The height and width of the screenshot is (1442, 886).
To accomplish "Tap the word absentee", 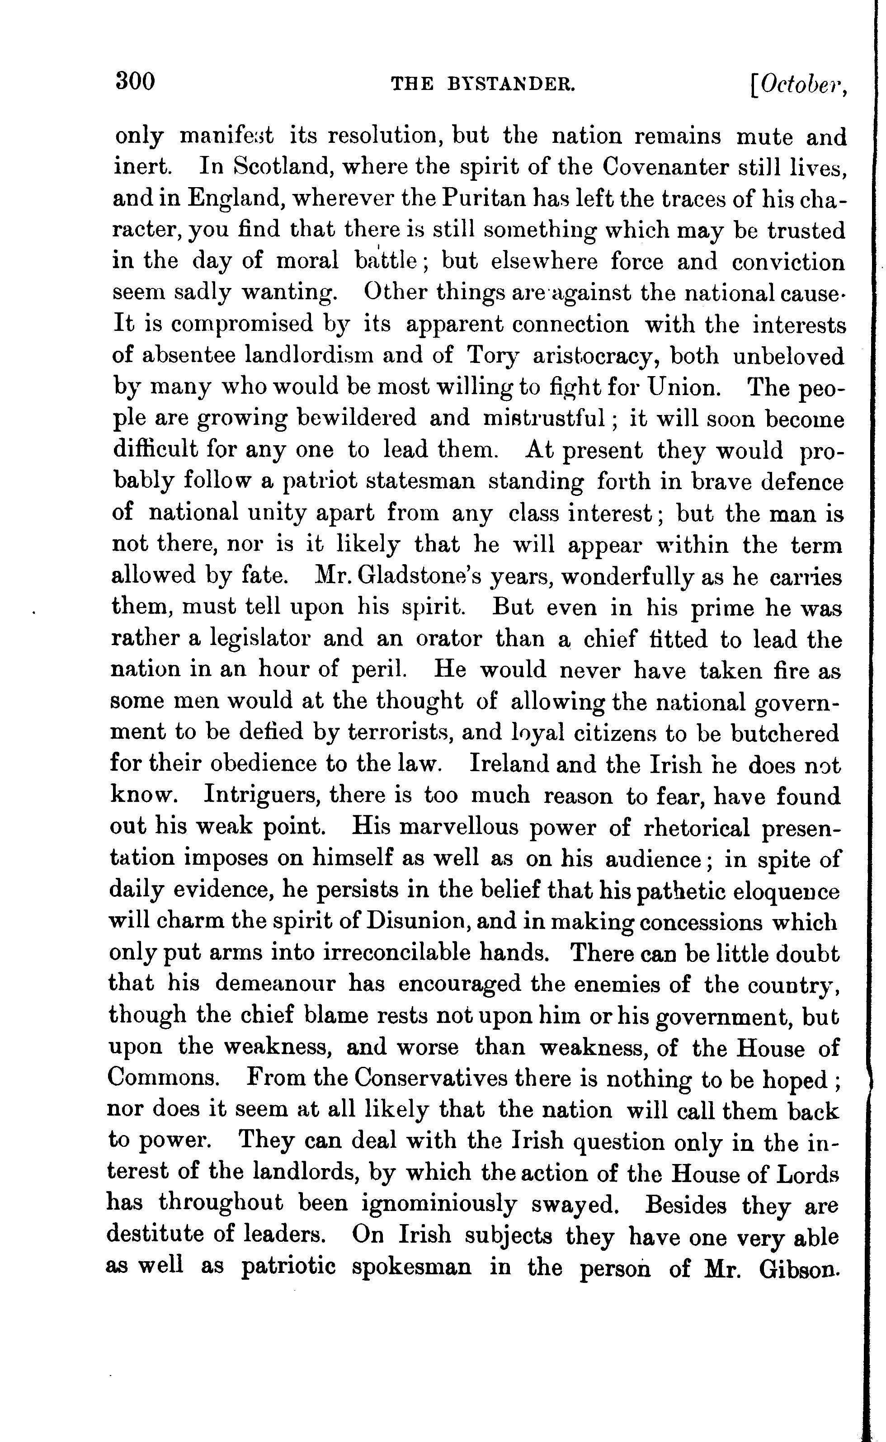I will click(x=189, y=356).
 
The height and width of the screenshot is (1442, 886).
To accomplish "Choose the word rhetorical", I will click(x=696, y=827).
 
